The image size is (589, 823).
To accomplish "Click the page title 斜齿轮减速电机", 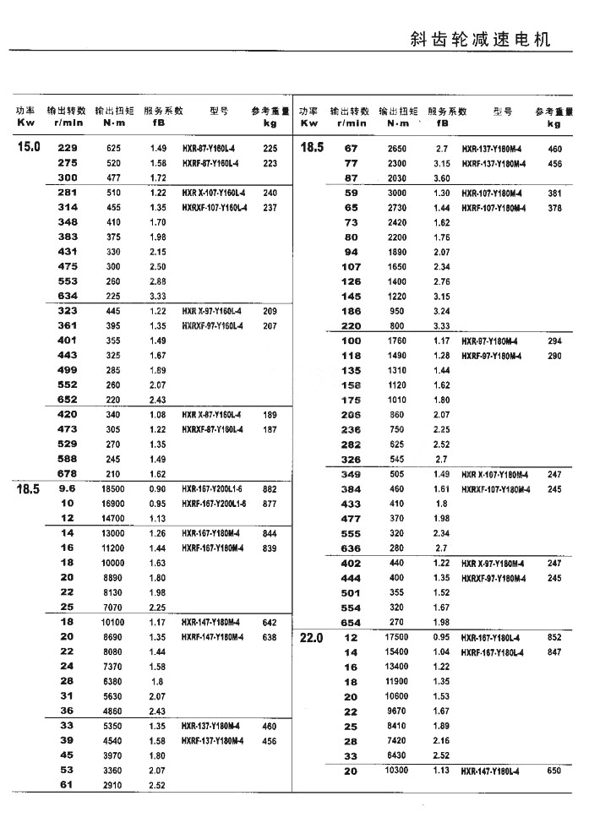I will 479,40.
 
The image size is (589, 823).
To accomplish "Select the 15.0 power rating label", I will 29,147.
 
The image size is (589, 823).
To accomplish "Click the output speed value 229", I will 67,148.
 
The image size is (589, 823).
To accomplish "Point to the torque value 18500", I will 114,488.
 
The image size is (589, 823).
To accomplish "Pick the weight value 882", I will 270,488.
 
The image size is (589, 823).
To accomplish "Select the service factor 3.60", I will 441,178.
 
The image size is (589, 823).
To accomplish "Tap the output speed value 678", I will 67,474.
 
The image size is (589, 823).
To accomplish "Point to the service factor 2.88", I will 158,281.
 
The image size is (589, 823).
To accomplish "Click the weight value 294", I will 554,341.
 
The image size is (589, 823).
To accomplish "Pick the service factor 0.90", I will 158,488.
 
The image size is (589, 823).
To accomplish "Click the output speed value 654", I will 351,623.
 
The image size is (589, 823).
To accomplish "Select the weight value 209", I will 270,311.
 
